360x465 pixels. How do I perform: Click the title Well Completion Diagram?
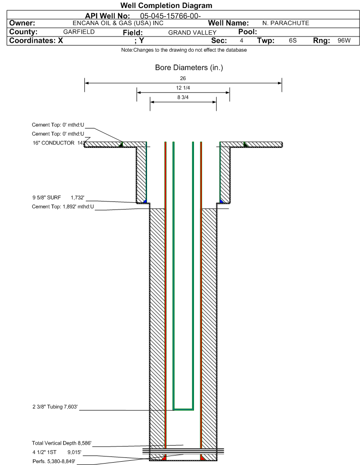(166, 5)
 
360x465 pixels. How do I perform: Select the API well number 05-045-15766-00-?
(170, 16)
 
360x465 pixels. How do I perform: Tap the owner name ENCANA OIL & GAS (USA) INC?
(118, 23)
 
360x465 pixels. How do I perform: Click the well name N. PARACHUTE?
(286, 23)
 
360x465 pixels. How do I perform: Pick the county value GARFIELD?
(79, 32)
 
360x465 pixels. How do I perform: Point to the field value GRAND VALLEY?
(192, 33)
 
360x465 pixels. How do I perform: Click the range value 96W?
(344, 40)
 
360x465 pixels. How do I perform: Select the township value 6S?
(293, 40)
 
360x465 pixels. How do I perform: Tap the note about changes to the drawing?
(184, 50)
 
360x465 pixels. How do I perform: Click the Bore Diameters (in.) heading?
(189, 68)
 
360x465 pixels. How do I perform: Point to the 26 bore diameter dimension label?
(183, 78)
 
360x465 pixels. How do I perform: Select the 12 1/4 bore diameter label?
(183, 88)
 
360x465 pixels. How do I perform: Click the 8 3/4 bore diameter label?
(183, 97)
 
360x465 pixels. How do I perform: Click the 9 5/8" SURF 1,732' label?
(58, 198)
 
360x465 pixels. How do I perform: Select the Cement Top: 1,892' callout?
(63, 207)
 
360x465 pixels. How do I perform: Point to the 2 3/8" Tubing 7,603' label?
(55, 407)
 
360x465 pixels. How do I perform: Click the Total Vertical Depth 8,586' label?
(62, 443)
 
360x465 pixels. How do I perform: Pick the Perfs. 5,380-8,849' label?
(54, 461)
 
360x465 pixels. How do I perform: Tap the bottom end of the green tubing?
(183, 409)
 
